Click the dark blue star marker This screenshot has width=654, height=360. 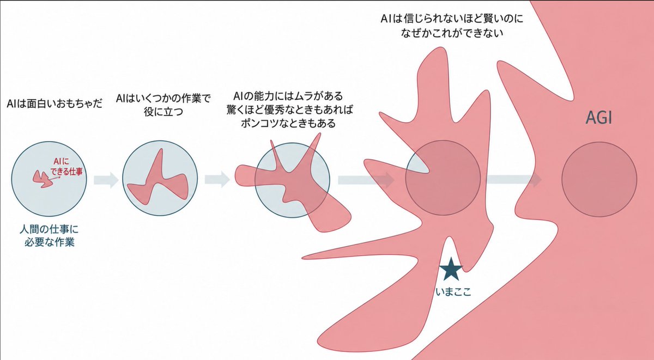[451, 269]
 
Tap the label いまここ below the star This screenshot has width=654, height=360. [453, 292]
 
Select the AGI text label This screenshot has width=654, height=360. [599, 118]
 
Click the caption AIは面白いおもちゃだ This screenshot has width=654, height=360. [55, 103]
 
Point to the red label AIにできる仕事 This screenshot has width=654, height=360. [66, 166]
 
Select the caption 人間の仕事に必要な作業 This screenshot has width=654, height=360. [49, 236]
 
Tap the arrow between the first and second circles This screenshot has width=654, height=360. [106, 180]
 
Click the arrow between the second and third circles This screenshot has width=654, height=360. [217, 179]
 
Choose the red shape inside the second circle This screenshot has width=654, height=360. [158, 182]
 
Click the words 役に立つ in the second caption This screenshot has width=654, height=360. [163, 112]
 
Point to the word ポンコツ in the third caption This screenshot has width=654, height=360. [259, 124]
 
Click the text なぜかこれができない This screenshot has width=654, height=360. [452, 33]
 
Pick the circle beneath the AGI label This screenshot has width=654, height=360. [599, 179]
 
